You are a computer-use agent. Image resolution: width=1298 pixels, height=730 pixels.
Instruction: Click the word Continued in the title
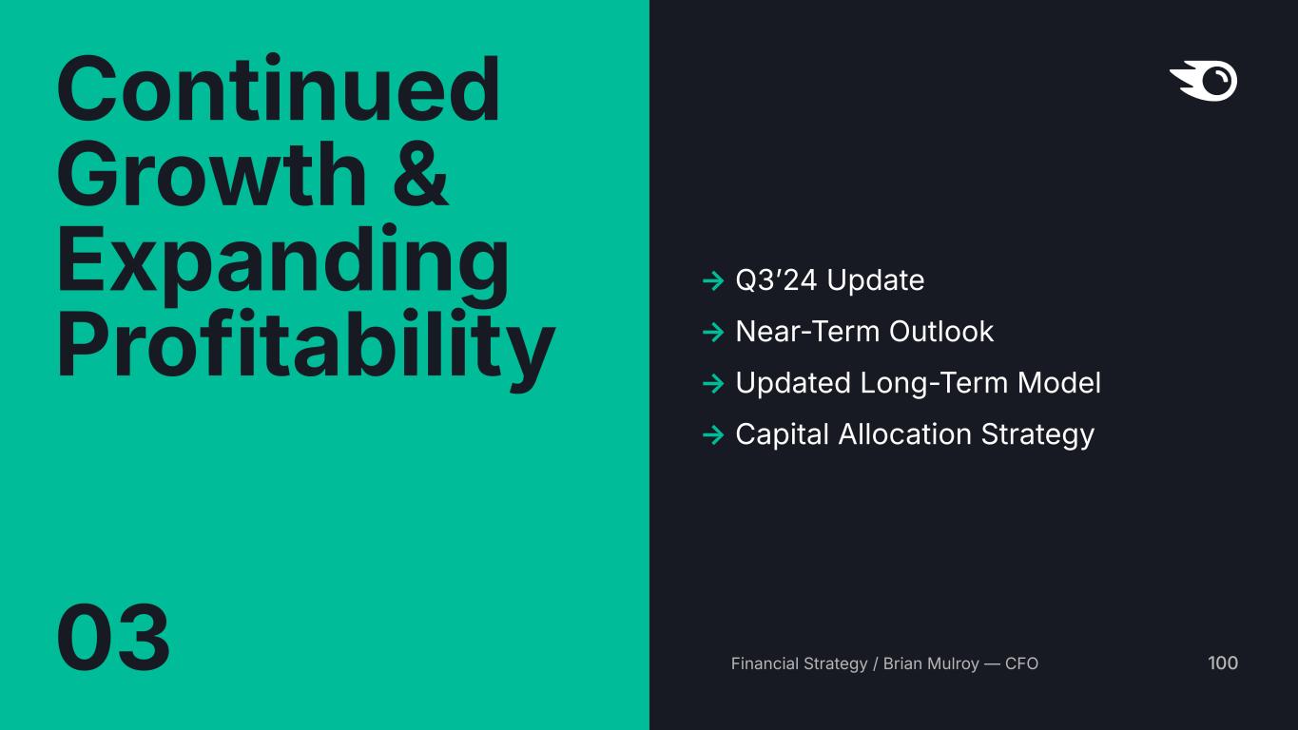click(x=278, y=87)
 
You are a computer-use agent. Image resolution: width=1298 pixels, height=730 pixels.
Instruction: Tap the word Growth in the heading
click(x=211, y=174)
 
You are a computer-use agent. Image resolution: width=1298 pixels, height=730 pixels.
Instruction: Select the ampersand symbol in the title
click(x=420, y=174)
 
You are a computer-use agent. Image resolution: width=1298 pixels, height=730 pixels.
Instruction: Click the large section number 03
click(x=113, y=637)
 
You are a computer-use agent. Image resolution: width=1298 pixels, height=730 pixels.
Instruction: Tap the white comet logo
click(x=1204, y=80)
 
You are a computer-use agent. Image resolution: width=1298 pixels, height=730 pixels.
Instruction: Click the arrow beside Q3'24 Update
click(x=713, y=281)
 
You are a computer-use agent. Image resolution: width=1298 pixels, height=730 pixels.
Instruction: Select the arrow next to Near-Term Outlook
click(x=713, y=332)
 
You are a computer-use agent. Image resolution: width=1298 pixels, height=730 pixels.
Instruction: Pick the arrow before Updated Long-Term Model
click(x=713, y=384)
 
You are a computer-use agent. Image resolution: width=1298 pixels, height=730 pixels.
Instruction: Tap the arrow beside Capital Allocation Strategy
click(x=713, y=434)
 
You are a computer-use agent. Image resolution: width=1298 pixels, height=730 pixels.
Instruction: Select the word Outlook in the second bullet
click(x=941, y=332)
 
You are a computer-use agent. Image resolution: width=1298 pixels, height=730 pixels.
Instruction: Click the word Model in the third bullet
click(x=1058, y=383)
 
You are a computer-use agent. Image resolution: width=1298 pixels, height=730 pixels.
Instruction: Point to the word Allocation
click(x=904, y=434)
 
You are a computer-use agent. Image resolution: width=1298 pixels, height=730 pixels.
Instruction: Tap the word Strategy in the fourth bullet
click(x=1037, y=435)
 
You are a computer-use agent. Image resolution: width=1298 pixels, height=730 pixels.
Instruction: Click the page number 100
click(x=1223, y=663)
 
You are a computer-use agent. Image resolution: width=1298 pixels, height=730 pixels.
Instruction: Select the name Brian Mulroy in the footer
click(x=931, y=663)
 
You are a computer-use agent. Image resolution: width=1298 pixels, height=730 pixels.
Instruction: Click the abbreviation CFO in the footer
click(x=1021, y=663)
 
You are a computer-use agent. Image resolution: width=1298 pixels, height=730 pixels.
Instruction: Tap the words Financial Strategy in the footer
click(x=799, y=663)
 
